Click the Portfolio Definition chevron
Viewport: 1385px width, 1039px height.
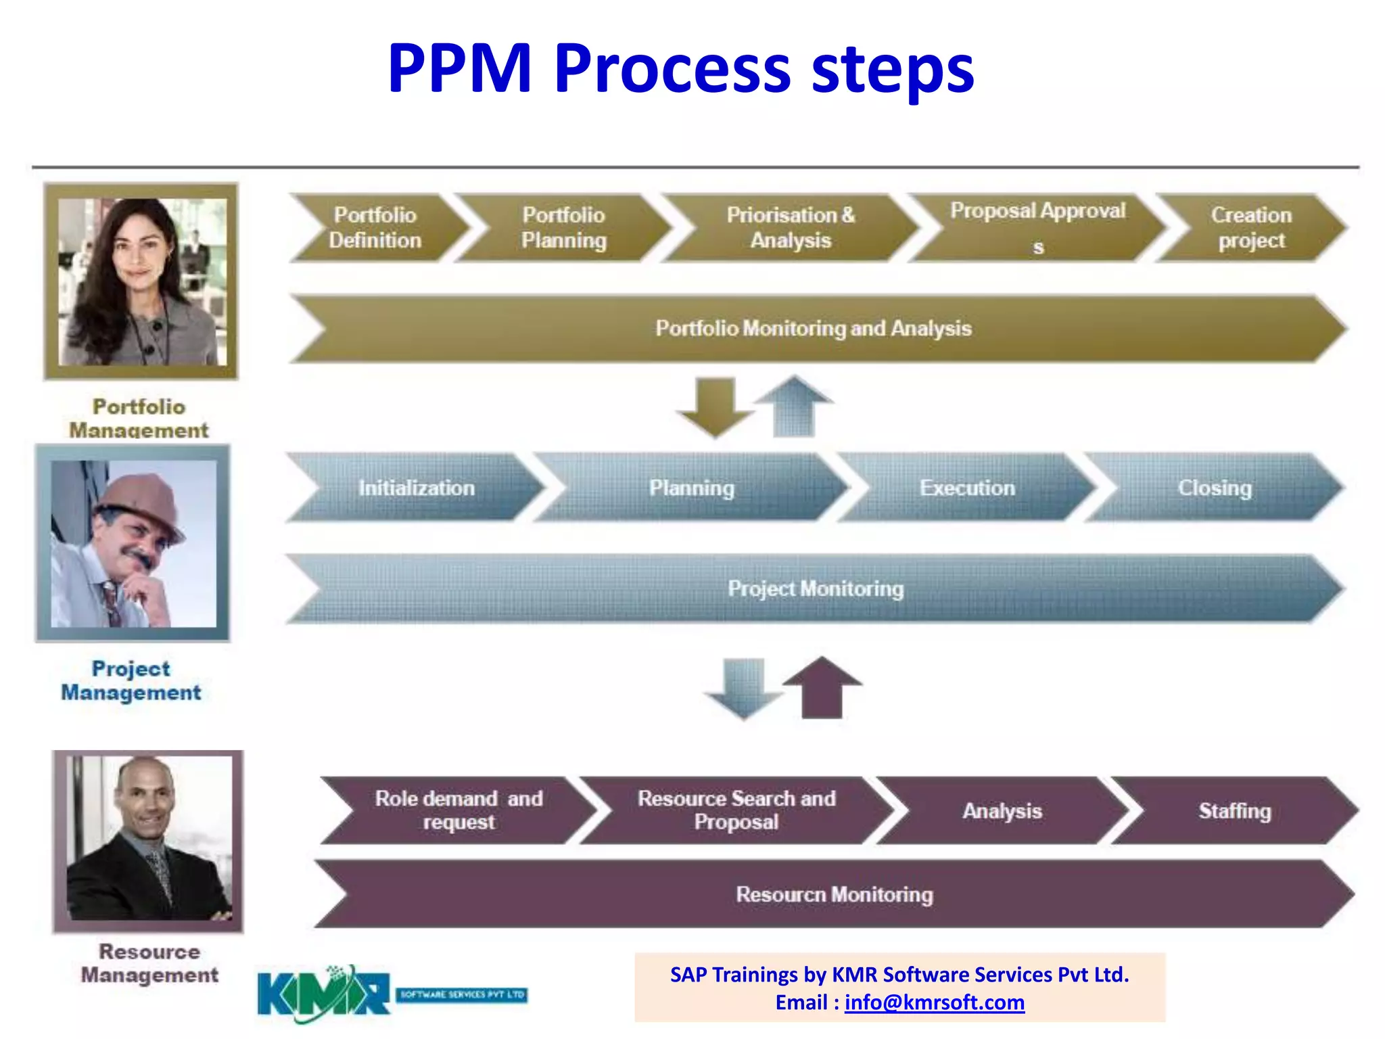[375, 228]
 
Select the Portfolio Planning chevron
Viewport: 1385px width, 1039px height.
[563, 228]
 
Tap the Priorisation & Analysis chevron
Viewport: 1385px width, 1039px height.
[790, 228]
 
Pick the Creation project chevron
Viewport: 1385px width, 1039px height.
[1251, 228]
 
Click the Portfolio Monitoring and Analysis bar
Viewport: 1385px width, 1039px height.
[813, 329]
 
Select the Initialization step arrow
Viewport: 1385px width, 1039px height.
[416, 488]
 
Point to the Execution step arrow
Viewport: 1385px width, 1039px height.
[967, 488]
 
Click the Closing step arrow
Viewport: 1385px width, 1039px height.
[1215, 488]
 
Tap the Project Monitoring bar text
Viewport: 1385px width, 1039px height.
[815, 588]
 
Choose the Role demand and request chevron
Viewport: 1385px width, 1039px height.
[459, 810]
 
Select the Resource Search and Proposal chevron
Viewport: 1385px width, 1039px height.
[736, 810]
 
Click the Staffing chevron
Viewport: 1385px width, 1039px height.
[1235, 810]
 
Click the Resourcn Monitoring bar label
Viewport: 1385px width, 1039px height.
[834, 894]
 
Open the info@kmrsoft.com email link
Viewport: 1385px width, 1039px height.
[934, 1002]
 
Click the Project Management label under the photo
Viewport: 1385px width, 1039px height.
[131, 680]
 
